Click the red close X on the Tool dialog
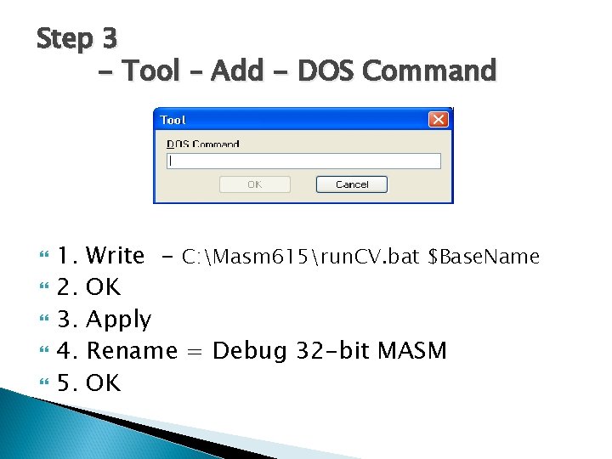[x=438, y=120]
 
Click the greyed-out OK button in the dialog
[x=254, y=184]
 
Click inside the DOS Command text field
[x=303, y=161]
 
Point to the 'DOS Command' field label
[x=203, y=144]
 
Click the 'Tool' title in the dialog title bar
[x=173, y=120]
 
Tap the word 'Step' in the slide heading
[x=65, y=38]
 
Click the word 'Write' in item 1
[x=116, y=255]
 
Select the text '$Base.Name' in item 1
[x=484, y=256]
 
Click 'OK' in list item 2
[x=104, y=287]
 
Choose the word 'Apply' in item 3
[x=119, y=320]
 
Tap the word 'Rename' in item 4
[x=132, y=350]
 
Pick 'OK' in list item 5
[x=104, y=382]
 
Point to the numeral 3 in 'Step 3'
[x=108, y=38]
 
